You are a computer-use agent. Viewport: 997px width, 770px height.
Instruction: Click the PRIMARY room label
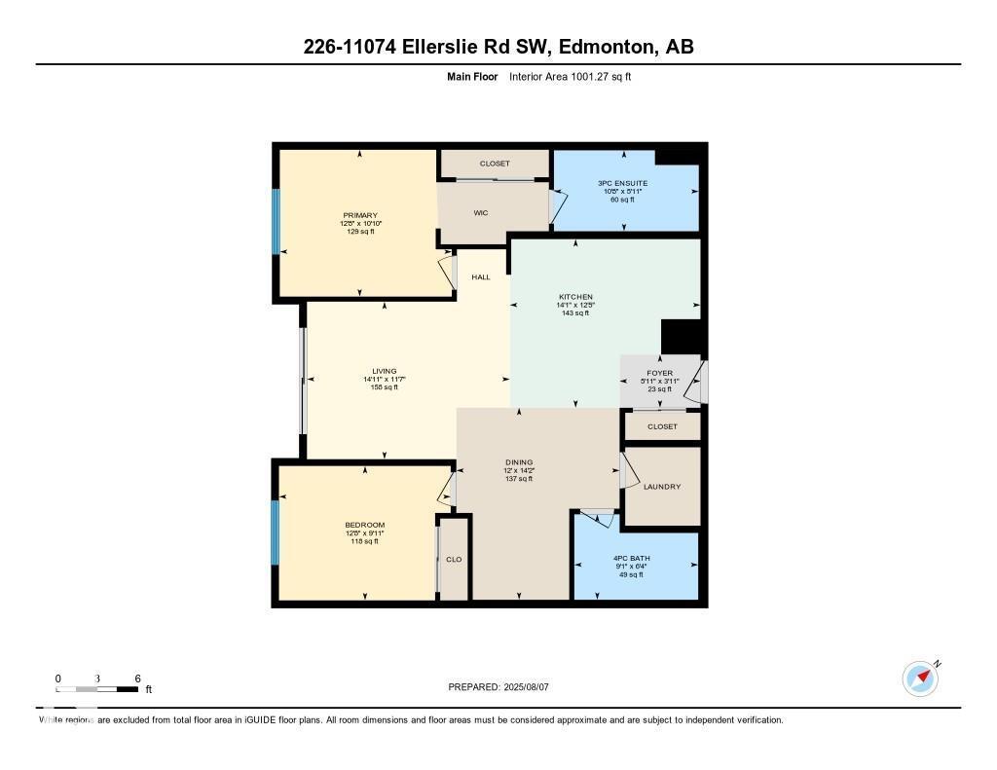tap(359, 215)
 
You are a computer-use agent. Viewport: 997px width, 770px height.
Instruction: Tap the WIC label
tap(480, 212)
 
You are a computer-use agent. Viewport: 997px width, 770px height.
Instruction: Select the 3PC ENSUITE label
tap(623, 183)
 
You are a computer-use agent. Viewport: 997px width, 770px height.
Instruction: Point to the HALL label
tap(481, 277)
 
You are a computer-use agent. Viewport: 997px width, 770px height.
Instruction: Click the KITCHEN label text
tap(575, 297)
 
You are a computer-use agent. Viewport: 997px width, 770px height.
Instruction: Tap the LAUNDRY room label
tap(662, 487)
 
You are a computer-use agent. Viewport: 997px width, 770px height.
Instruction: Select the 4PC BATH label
tap(635, 557)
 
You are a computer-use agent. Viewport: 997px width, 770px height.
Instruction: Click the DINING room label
tap(519, 462)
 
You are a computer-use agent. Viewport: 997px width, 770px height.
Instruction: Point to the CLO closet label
tap(454, 560)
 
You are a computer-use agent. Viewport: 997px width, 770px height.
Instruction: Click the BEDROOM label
tap(364, 525)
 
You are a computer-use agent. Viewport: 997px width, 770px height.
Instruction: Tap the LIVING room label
tap(384, 371)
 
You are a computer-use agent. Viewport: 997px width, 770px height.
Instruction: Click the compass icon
tap(920, 678)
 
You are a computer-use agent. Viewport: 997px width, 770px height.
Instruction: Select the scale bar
tap(97, 689)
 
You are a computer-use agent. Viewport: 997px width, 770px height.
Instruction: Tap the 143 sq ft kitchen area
tap(575, 313)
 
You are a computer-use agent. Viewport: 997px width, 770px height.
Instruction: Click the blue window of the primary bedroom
tap(276, 221)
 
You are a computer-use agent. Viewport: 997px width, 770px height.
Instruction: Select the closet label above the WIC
tap(495, 164)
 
